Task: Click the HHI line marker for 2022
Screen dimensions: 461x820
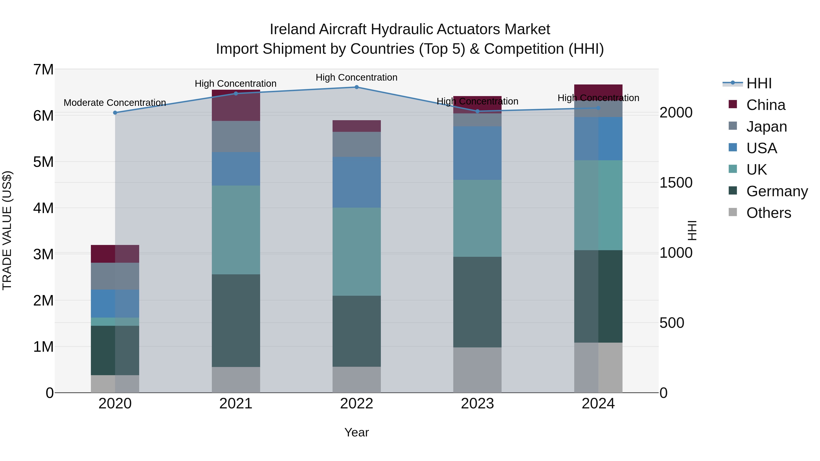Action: tap(356, 87)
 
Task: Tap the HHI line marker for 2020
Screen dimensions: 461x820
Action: tap(115, 113)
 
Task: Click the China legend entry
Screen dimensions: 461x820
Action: tap(766, 105)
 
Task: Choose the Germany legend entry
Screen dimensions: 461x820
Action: tap(777, 191)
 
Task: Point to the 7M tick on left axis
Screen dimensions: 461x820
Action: tap(44, 70)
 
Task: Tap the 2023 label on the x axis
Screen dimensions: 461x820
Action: tap(477, 403)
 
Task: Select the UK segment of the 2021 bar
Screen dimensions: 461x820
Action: tap(236, 230)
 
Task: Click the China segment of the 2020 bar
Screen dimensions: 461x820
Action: tap(115, 254)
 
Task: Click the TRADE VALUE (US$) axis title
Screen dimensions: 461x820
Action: tap(7, 230)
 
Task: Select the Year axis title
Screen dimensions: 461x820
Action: tap(356, 432)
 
